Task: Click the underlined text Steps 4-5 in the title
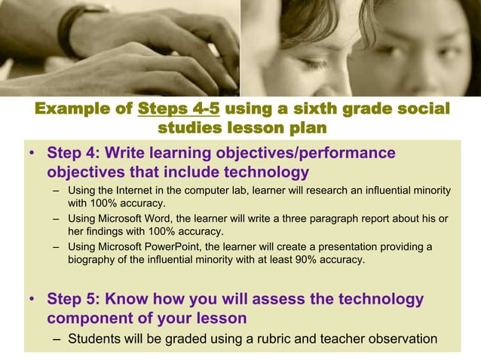coord(179,109)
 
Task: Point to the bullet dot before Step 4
coord(32,154)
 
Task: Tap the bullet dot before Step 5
coord(32,300)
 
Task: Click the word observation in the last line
coord(404,338)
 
